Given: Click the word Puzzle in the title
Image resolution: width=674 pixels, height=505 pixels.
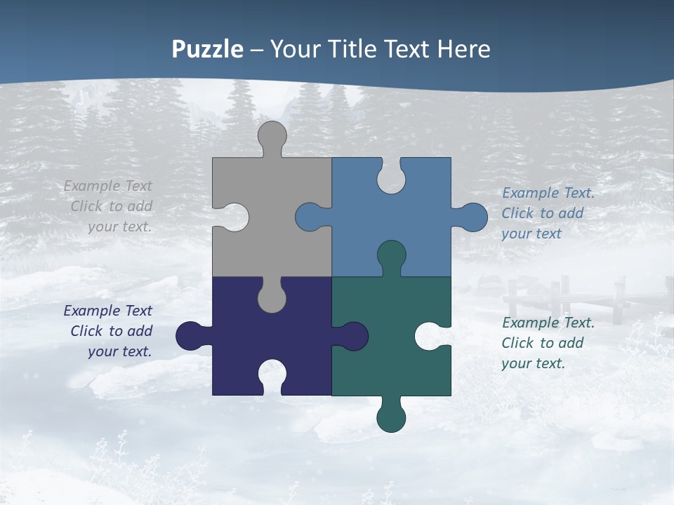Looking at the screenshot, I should coord(208,50).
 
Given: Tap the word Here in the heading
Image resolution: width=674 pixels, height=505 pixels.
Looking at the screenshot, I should coord(463,50).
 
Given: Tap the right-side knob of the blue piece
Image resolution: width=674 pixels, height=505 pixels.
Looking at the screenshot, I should coord(472,217).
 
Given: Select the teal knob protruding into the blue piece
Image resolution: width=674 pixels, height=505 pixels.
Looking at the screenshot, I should coord(391,256).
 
